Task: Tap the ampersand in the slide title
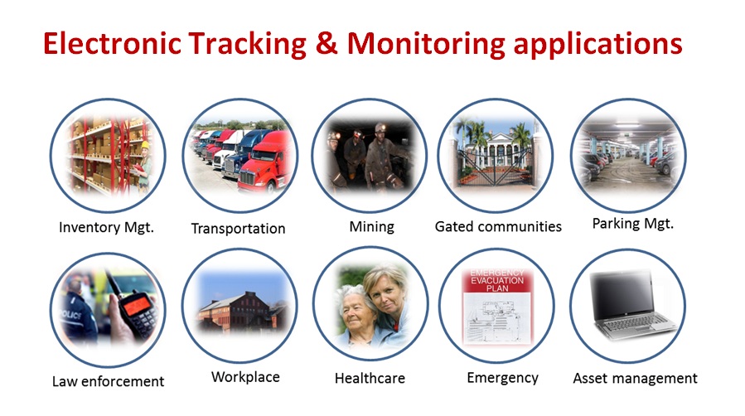(x=327, y=43)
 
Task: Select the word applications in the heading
(x=598, y=45)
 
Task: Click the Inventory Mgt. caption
(x=106, y=227)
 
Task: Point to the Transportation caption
(x=238, y=229)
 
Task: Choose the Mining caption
(x=371, y=227)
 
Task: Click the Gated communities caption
(x=498, y=226)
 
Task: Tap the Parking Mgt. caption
(x=633, y=224)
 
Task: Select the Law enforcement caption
(x=108, y=381)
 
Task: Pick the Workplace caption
(x=245, y=377)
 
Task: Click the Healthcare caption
(x=370, y=379)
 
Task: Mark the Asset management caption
(x=635, y=379)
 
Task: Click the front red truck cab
(x=266, y=162)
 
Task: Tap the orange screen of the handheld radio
(x=137, y=304)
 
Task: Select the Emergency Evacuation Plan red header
(x=497, y=281)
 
